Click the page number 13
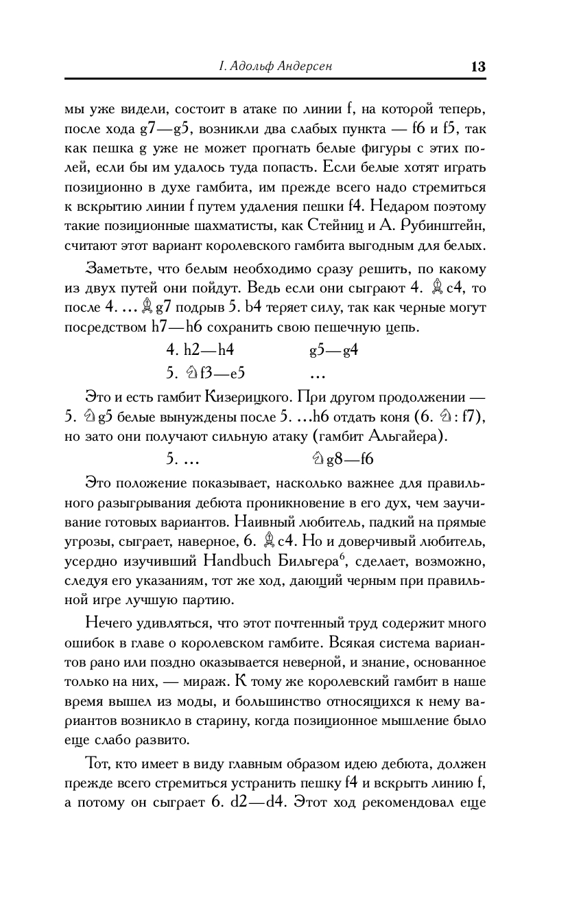477,67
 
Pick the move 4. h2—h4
200,350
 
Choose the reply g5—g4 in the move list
334,350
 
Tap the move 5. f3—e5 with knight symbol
206,373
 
